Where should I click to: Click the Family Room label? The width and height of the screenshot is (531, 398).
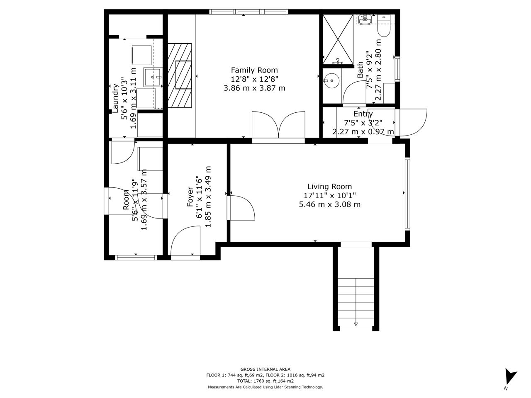point(254,70)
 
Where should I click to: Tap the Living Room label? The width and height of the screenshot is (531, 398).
point(329,187)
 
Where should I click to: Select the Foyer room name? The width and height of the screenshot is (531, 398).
point(190,197)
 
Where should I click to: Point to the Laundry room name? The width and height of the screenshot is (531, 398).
point(115,98)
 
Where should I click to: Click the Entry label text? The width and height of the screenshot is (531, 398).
point(363,114)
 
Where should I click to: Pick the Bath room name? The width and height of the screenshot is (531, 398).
point(360,70)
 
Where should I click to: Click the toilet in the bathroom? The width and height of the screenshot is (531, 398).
point(384,26)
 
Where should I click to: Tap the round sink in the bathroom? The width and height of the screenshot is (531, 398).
point(331,80)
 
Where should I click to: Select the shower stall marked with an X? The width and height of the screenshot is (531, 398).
point(338,39)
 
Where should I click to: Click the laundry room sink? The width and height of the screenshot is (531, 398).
point(152,77)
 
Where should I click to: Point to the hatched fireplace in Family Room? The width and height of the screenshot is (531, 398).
point(180,75)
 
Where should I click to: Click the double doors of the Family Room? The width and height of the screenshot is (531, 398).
point(278,127)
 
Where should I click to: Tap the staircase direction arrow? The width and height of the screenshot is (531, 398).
point(356,324)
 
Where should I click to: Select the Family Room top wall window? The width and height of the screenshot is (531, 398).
point(248,12)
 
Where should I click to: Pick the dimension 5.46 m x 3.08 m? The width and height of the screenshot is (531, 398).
point(329,204)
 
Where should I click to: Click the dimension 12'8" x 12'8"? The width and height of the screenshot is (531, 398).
point(254,79)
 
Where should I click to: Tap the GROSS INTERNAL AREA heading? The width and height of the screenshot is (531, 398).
point(265,369)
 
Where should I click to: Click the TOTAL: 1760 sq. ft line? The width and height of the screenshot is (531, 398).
point(265,381)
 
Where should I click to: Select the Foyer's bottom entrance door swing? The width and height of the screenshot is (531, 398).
point(185,240)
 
